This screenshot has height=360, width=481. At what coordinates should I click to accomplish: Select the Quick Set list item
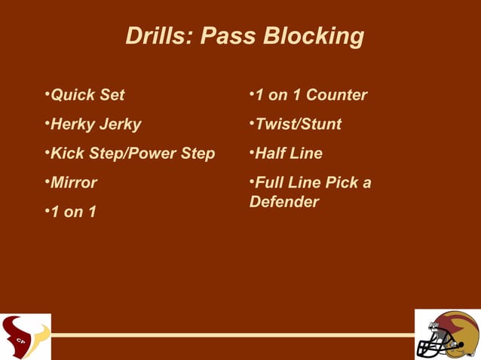(87, 96)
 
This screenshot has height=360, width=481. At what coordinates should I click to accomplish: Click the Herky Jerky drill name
(96, 124)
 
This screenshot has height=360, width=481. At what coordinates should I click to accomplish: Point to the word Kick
(66, 154)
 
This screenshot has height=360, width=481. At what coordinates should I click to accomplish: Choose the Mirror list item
(74, 183)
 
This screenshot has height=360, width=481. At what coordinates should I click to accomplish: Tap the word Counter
(336, 96)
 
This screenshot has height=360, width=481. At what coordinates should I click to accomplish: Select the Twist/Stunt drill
(299, 124)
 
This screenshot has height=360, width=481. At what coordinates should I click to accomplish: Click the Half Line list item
(289, 154)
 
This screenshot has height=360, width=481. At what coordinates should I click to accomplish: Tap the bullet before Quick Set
(47, 95)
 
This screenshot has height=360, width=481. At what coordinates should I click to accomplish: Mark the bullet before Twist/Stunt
(252, 124)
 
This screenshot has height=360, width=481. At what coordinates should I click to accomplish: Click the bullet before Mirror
(47, 182)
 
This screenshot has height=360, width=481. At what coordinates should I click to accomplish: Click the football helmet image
(448, 334)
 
